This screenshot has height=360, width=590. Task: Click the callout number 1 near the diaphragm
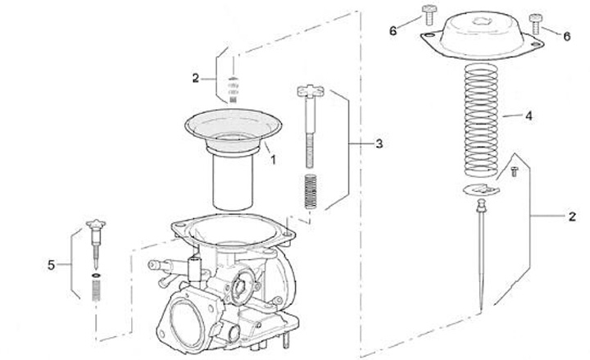point(274,160)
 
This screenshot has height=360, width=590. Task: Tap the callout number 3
point(379,144)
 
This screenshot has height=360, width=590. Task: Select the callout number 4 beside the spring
point(529,116)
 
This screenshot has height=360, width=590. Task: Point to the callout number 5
point(51,265)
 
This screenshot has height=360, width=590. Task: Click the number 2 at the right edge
point(572,216)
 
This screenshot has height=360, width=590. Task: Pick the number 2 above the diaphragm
point(195,79)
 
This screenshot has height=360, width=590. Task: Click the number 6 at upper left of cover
point(393,31)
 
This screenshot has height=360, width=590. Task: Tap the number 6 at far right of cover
point(567,37)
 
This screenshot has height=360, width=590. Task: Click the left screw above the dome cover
point(429,15)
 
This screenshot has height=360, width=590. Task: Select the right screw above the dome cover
point(535,24)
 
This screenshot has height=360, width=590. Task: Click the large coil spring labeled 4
point(481,120)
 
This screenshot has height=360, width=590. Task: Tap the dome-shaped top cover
point(482,34)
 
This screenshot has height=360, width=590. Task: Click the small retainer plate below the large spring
point(481,189)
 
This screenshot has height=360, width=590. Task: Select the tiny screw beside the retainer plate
point(515,171)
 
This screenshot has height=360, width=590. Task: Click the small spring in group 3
point(311,191)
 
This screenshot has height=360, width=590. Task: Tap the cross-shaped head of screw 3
point(311,91)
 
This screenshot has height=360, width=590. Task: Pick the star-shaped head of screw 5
point(96,224)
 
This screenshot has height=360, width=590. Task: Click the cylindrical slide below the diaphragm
point(233,180)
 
